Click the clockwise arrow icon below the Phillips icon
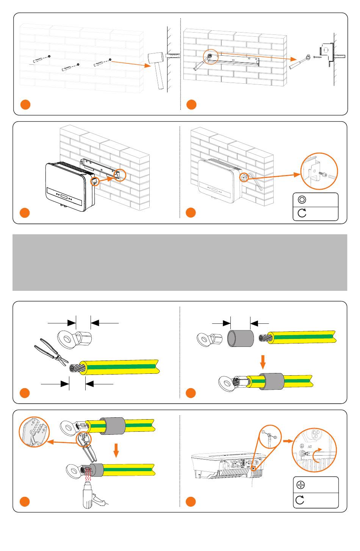[x=300, y=500]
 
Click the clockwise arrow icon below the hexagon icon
[x=302, y=214]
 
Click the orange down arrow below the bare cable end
[x=263, y=363]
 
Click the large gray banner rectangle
[x=180, y=262]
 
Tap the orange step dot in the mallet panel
[x=25, y=105]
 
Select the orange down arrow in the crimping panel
[x=116, y=450]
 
